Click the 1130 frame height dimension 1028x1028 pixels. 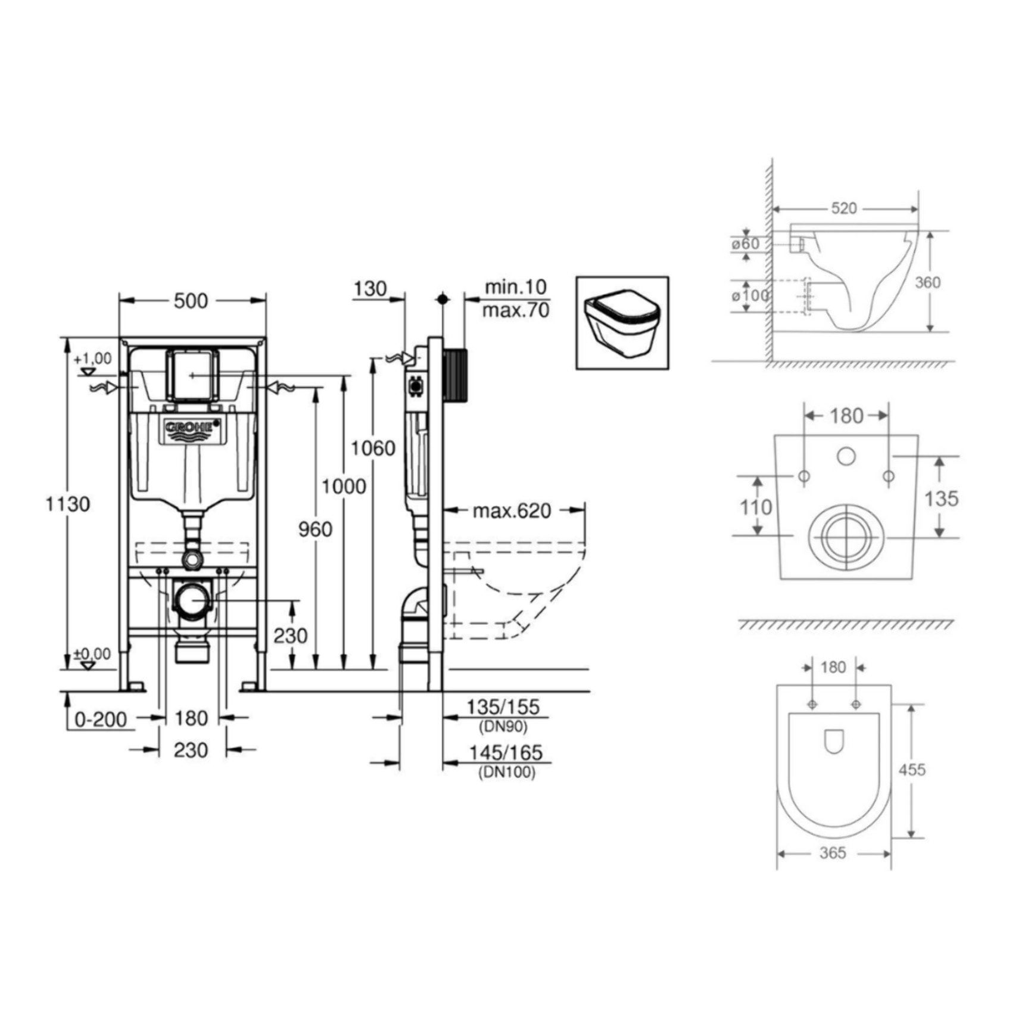68,504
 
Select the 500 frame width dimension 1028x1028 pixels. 191,301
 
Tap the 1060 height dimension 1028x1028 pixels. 373,448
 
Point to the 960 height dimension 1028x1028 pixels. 315,529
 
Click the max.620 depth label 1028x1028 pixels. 512,510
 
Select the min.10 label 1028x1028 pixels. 515,287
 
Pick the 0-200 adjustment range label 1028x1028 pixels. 101,719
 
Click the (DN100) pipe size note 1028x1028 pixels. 507,772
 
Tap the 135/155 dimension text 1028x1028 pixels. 503,707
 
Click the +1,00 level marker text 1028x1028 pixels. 92,359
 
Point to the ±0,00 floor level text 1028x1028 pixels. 92,654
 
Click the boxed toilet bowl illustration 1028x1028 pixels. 622,323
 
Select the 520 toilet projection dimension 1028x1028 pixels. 844,208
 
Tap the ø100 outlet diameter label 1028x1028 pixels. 750,295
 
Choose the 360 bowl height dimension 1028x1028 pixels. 927,282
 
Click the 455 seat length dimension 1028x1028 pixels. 912,770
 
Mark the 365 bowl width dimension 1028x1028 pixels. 833,853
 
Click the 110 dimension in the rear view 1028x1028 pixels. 756,507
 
